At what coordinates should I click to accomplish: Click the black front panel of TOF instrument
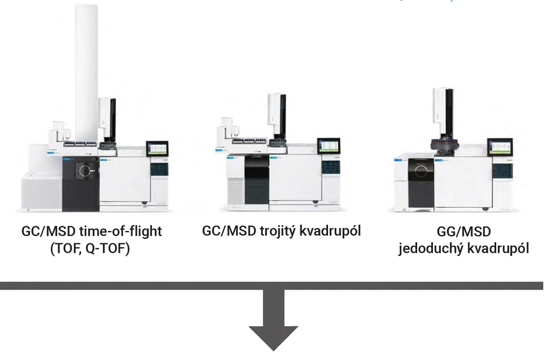coord(80,182)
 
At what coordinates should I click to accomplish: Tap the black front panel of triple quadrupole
coord(257,181)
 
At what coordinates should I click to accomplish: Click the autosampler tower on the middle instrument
coord(277,116)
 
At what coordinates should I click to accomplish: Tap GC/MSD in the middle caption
coord(228,231)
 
